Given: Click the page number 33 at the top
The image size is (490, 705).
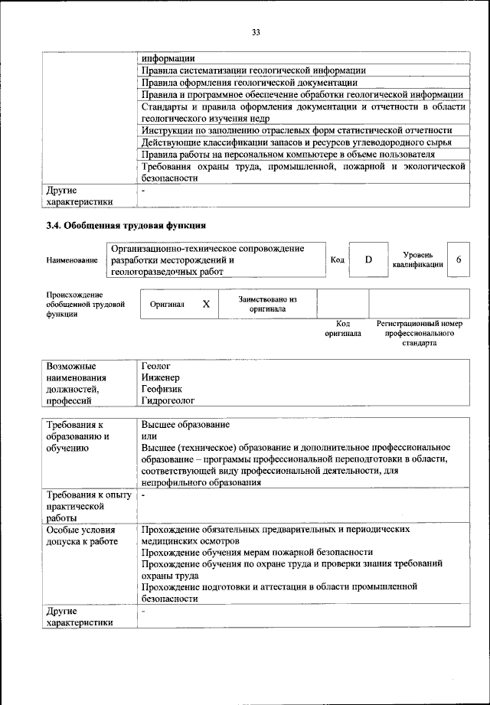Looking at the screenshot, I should tap(256, 31).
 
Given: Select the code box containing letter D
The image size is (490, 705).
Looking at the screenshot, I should tap(368, 260).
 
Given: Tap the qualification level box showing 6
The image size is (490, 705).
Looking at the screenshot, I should tap(458, 260).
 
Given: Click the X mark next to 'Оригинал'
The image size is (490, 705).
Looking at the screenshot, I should tap(205, 304).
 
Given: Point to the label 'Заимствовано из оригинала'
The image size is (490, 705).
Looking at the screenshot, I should tap(267, 304).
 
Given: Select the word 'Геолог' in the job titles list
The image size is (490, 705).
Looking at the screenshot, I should tap(155, 367).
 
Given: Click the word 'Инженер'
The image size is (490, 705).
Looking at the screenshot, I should tap(160, 377).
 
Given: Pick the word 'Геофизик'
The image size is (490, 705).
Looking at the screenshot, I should tap(162, 388).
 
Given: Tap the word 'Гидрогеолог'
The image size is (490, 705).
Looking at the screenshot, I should tap(168, 400).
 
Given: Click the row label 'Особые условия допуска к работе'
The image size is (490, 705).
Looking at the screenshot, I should tap(82, 535).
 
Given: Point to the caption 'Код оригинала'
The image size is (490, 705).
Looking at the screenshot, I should tap(342, 329).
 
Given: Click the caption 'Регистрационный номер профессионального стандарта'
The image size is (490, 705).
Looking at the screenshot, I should tap(419, 334).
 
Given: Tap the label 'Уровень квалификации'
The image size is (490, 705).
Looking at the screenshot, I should tap(417, 259).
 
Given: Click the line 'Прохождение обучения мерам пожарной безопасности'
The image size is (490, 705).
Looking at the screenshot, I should tap(257, 551).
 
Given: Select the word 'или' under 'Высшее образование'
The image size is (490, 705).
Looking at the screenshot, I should tap(149, 436).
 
